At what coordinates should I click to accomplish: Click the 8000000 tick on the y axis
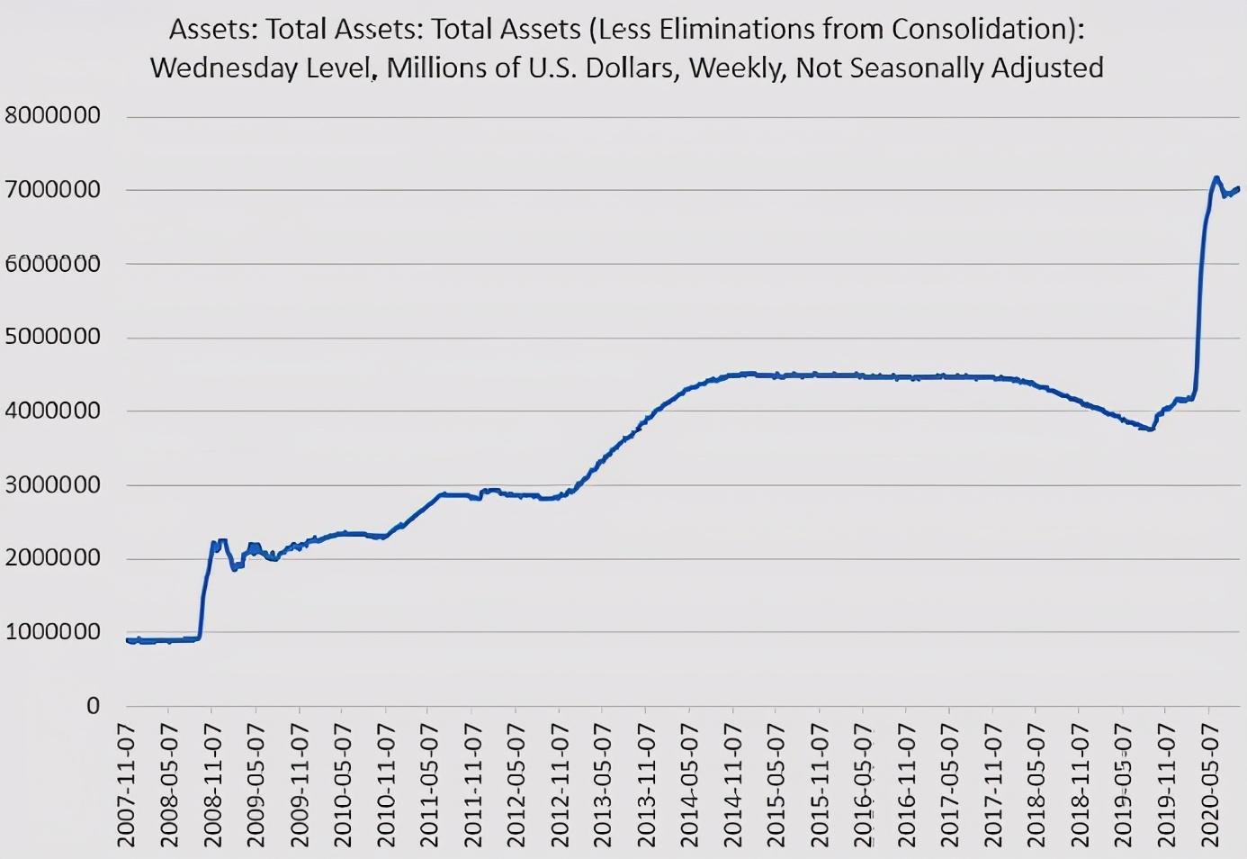52,115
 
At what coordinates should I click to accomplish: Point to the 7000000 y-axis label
52,190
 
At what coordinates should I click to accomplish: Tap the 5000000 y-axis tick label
52,337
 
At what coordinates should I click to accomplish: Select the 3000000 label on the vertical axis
52,484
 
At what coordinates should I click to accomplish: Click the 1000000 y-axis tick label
52,632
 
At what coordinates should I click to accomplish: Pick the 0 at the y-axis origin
93,706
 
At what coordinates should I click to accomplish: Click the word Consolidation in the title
981,29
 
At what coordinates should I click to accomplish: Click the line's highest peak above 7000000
1216,177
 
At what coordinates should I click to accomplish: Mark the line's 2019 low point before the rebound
1149,429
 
